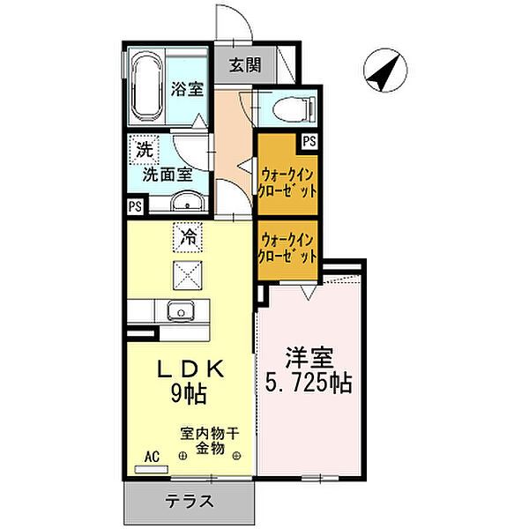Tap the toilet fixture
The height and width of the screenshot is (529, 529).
[x=294, y=108]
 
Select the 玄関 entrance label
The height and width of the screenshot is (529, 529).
[x=245, y=65]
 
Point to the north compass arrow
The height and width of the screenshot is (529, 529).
[x=385, y=71]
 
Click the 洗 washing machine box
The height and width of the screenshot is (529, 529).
[x=145, y=150]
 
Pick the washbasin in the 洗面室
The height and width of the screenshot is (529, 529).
[x=188, y=201]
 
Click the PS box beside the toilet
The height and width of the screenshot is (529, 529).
[x=309, y=141]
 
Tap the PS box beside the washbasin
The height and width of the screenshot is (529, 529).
[x=135, y=205]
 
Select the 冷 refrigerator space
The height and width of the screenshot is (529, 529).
[x=188, y=237]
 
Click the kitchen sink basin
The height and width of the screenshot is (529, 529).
[x=181, y=310]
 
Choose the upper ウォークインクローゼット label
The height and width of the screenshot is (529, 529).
[x=287, y=183]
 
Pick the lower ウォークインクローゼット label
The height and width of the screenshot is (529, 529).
[x=287, y=249]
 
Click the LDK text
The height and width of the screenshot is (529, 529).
[x=190, y=369]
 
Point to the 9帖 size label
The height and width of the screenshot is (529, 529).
[x=189, y=394]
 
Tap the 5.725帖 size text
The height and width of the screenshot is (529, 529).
[x=309, y=383]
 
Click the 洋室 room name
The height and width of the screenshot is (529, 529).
[x=309, y=357]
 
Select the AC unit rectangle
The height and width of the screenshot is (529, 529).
[x=152, y=469]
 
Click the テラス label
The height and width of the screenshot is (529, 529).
[x=190, y=501]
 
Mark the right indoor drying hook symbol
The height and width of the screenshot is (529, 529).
[x=236, y=456]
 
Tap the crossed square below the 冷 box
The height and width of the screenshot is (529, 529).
[x=188, y=275]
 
